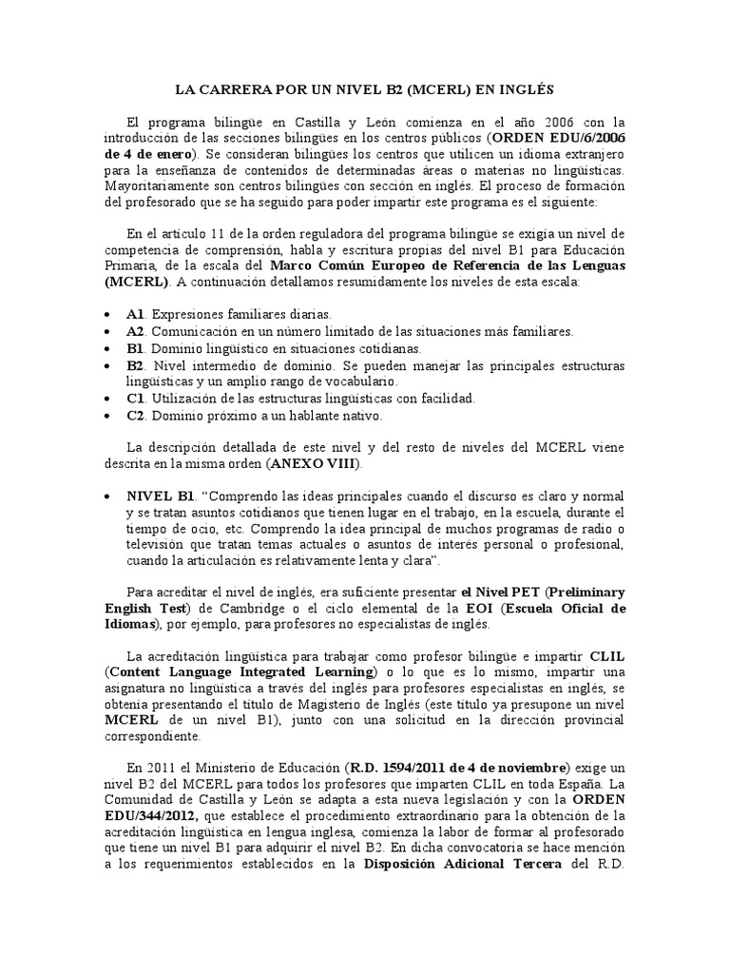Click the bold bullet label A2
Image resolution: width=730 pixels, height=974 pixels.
134,331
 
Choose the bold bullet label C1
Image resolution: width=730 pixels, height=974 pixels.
134,398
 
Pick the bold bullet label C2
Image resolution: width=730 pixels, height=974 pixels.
134,416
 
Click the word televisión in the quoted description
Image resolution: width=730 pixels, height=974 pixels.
161,544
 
